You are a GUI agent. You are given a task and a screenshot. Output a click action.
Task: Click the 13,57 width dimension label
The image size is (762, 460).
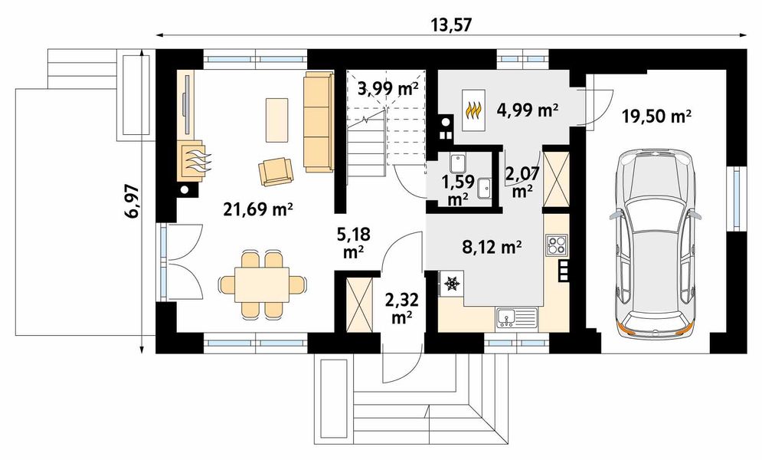tap(451, 25)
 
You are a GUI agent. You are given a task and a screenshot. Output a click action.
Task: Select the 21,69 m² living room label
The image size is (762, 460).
tap(258, 209)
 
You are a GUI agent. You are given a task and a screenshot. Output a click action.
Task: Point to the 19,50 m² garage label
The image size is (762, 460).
tap(656, 117)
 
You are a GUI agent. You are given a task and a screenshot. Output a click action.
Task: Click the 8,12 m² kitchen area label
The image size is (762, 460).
tap(492, 248)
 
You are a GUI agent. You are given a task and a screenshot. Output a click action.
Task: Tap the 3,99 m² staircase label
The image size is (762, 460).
tap(388, 88)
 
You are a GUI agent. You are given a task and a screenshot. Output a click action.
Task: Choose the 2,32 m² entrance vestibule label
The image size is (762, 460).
tap(401, 307)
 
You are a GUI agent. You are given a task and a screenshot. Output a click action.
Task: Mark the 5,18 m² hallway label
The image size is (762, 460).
tap(354, 242)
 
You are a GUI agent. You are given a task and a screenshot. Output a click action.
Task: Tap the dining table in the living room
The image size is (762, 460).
tap(263, 284)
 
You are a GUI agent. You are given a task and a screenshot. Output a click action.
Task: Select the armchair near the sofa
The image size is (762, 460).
tap(276, 172)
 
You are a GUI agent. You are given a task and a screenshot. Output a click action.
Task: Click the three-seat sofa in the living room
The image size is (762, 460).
tap(319, 122)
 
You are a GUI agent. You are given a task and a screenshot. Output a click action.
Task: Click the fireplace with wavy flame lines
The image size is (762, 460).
tap(194, 161)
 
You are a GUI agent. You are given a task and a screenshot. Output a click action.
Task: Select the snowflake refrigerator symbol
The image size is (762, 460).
tap(452, 283)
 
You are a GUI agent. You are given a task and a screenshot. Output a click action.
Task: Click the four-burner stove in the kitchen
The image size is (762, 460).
tap(556, 245)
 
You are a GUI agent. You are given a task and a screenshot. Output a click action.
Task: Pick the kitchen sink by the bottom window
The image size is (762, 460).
tap(517, 318)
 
